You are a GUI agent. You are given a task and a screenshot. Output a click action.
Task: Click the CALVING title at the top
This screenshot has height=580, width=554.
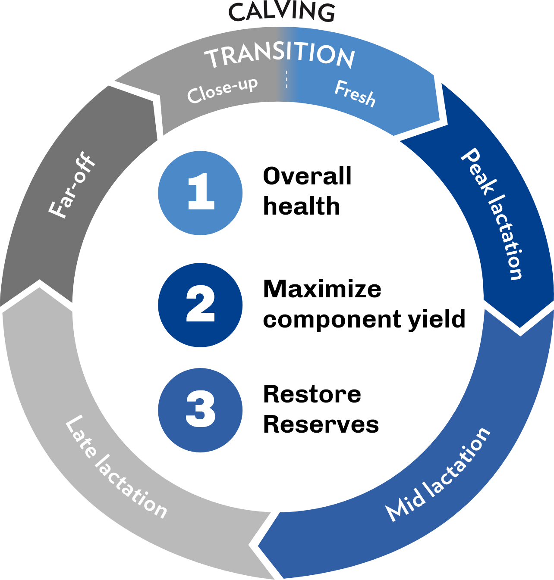point(282,12)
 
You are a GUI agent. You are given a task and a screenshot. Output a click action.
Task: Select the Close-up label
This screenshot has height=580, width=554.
point(223,90)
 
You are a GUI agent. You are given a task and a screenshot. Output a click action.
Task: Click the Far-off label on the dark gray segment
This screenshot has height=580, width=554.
point(72,185)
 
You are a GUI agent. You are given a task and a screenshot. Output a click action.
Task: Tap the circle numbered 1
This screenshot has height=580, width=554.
point(200,193)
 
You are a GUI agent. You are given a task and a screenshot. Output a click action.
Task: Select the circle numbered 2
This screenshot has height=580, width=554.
point(200,305)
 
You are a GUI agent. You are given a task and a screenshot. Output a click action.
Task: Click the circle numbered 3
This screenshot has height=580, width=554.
point(200,410)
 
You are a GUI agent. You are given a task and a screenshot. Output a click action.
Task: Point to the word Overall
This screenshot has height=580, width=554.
point(307,176)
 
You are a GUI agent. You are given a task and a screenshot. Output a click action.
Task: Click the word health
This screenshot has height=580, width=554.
point(301,206)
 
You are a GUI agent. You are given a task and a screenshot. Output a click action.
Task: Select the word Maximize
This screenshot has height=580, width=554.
point(322,289)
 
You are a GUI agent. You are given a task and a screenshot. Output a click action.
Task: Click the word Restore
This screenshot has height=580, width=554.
point(312,394)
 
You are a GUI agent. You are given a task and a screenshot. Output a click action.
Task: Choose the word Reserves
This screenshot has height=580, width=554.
point(321,424)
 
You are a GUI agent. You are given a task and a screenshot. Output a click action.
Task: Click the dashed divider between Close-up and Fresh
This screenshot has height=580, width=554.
point(286,79)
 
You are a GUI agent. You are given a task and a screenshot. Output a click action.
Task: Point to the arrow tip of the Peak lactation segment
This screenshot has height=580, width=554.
point(519,327)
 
